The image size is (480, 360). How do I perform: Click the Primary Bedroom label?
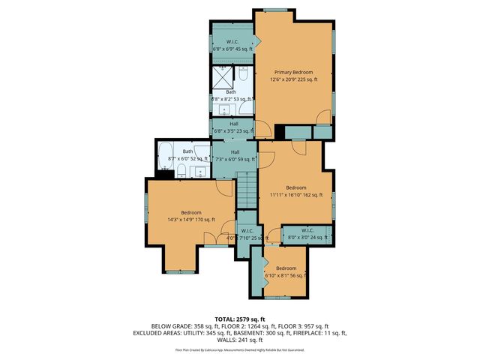(x=294, y=72)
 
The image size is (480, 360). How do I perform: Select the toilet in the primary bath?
(x=244, y=74)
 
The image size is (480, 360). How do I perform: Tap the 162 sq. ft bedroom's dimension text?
(x=296, y=194)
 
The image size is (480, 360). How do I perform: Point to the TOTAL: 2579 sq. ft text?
(x=240, y=319)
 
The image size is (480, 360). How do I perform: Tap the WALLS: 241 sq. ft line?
(x=240, y=339)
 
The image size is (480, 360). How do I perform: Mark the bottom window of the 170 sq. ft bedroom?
(x=179, y=271)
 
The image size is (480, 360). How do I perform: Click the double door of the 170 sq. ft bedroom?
(x=217, y=244)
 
